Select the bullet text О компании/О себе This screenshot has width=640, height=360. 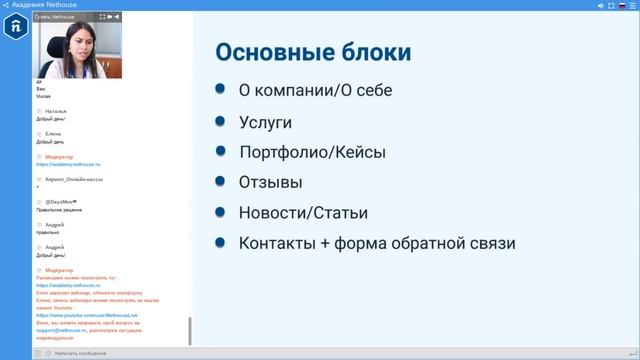point(315,90)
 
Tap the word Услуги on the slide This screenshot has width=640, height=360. point(265,121)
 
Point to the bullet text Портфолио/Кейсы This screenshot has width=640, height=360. point(312,152)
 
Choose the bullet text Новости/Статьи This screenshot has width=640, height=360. point(303,213)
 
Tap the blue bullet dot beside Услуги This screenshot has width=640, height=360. point(219,120)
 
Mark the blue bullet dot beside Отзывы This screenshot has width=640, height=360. point(219,181)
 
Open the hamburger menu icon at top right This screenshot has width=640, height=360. point(632,5)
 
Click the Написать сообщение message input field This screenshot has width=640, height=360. point(110,353)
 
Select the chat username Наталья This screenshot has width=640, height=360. point(56,111)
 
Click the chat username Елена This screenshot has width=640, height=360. point(53,134)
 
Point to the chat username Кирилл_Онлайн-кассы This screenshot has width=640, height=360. point(75,179)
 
